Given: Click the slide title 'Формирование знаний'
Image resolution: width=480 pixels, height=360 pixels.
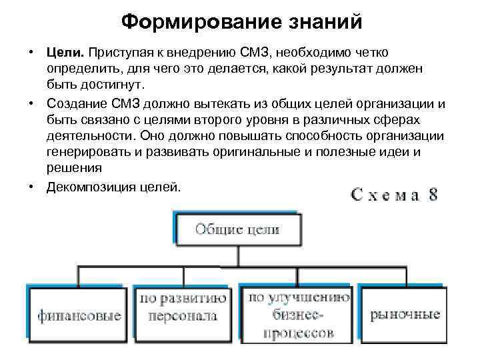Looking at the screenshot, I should point(242,22).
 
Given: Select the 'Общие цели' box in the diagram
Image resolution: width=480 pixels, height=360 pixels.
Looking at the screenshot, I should point(237,230).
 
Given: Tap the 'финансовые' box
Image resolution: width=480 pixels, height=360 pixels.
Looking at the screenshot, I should point(79,315).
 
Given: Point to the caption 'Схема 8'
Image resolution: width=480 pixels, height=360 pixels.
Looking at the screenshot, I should point(395,195).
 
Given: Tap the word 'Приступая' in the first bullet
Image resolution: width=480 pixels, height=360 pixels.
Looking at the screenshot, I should point(127,52).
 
